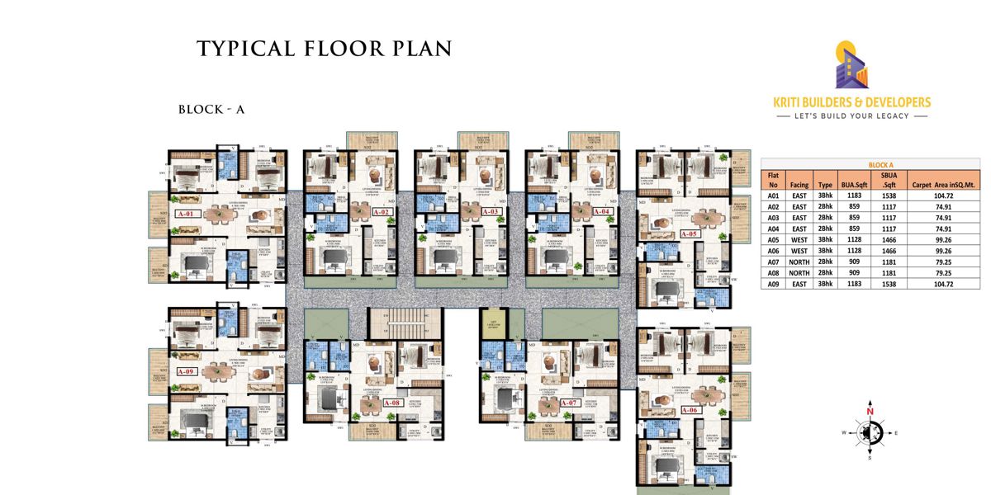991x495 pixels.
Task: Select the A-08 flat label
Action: point(392,403)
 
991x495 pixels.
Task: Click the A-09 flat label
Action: point(186,371)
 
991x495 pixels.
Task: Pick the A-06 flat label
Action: point(690,410)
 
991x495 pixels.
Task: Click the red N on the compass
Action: point(870,410)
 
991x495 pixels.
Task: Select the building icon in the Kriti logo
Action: point(851,66)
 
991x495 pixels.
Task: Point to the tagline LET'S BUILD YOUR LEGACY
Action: point(851,115)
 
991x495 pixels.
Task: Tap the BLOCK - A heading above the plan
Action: point(211,109)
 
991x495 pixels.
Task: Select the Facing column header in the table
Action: point(798,186)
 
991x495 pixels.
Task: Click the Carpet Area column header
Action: point(941,186)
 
